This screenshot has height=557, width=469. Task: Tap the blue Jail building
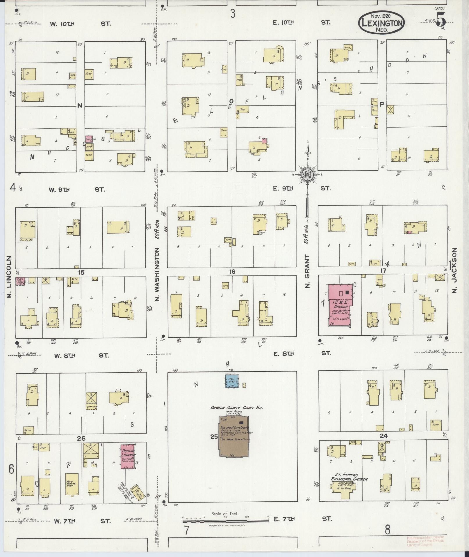232,381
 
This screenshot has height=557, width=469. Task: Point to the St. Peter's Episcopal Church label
349,477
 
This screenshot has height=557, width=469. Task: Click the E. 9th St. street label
301,188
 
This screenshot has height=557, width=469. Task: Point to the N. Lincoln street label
9,277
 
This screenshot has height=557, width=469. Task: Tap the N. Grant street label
307,271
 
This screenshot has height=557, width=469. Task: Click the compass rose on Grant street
307,174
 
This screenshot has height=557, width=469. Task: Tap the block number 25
214,437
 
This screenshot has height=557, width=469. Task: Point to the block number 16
232,272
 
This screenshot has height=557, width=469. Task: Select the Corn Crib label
91,406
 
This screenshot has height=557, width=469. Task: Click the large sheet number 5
441,20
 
